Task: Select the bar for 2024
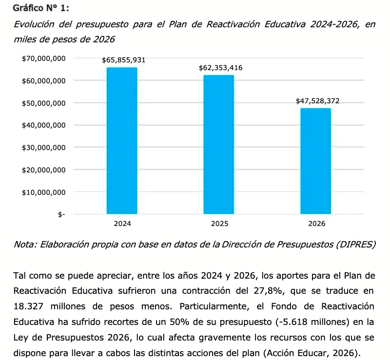[x=122, y=140]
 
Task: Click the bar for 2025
[x=219, y=144]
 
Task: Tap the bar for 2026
[x=316, y=161]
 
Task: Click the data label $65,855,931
[x=124, y=60]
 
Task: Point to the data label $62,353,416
[x=221, y=68]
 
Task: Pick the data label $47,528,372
[x=318, y=101]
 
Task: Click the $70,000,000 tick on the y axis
[x=44, y=58]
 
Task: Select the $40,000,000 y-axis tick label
[x=44, y=125]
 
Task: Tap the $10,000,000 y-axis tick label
[x=44, y=192]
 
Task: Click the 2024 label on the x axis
[x=122, y=224]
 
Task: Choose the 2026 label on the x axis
[x=317, y=224]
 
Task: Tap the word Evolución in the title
[x=36, y=24]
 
